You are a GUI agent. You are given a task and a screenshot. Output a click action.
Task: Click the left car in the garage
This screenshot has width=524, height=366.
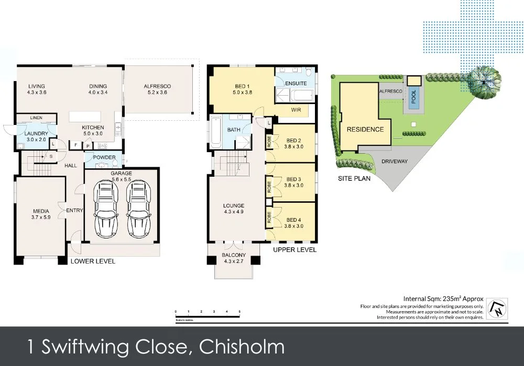coord(105,211)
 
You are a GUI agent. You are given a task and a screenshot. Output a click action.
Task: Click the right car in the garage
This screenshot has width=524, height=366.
coord(137,211)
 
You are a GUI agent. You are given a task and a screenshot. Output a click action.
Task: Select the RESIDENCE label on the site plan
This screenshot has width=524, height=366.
coord(365,129)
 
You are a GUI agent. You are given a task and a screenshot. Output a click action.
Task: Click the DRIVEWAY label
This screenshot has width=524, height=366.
coord(395,162)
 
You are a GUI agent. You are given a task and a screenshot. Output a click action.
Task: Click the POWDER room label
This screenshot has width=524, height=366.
coord(104,157)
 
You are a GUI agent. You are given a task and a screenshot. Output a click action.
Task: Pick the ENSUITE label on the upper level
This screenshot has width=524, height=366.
coord(296,83)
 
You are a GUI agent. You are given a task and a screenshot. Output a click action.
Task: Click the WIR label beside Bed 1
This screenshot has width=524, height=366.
coord(296,111)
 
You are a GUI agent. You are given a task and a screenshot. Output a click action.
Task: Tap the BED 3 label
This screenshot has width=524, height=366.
coord(293,179)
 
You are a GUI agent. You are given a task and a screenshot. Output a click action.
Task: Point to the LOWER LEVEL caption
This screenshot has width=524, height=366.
coord(93,261)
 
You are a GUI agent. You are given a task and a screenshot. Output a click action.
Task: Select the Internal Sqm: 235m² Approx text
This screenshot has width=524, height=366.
coord(443,299)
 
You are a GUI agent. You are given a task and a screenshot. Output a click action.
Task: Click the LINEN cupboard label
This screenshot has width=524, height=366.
coord(36,118)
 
